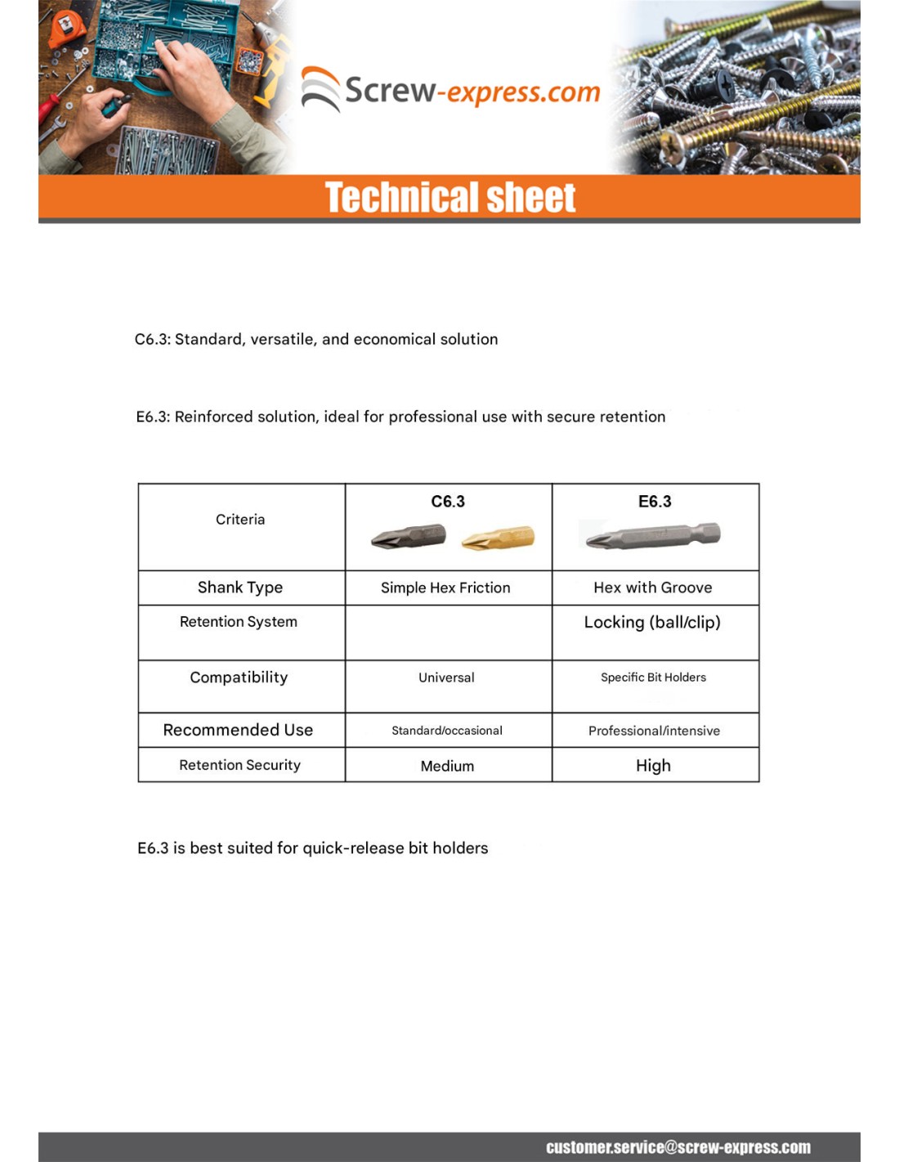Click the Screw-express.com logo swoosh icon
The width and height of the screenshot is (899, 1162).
320,88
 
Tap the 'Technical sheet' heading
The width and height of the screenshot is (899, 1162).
450,198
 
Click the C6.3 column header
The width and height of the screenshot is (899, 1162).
448,502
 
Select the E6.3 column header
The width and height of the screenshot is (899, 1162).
655,502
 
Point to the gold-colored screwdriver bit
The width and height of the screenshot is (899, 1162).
499,538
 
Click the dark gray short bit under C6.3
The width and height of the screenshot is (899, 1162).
409,538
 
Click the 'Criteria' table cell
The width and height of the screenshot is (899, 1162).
240,520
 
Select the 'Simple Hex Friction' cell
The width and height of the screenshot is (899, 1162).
445,588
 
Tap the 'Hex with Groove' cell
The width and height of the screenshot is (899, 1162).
653,588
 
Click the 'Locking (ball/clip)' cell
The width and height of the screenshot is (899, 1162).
652,623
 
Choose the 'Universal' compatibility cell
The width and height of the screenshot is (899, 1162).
446,677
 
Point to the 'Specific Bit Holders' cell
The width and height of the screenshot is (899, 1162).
653,677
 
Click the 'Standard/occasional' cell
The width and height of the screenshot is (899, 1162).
446,731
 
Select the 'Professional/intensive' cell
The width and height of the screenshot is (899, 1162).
654,731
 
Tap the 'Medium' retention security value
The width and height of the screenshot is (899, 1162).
447,766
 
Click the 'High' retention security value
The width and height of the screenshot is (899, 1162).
653,766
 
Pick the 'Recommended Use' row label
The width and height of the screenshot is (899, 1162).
238,730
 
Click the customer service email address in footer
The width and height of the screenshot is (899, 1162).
678,1147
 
